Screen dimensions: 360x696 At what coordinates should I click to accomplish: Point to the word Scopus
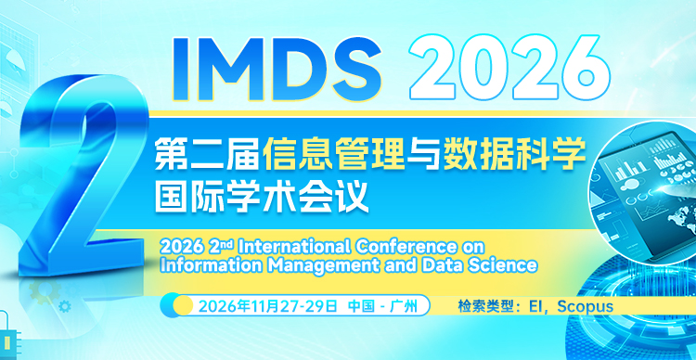585,305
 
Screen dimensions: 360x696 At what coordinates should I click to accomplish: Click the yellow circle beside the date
183,305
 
